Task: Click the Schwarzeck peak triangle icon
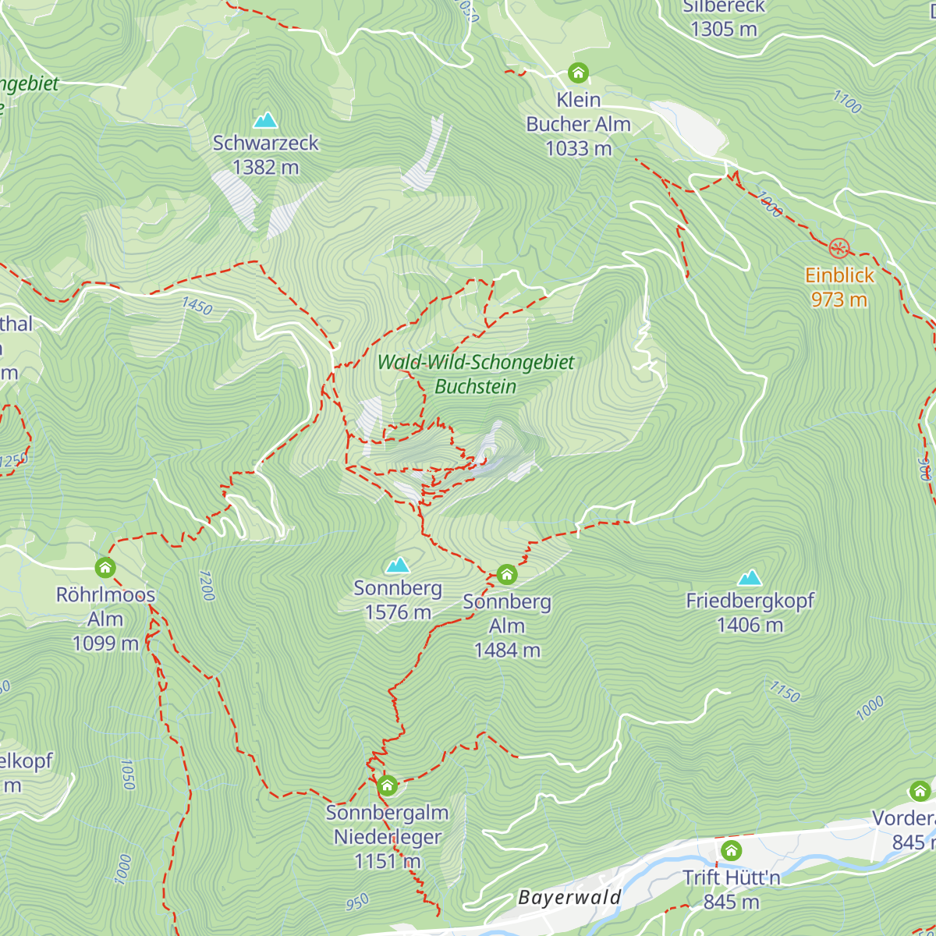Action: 266,120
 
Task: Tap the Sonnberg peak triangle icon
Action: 398,565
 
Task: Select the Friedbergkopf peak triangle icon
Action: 750,578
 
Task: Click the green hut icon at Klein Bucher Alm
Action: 578,73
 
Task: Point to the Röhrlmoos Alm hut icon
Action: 105,567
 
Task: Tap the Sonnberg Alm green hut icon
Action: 507,575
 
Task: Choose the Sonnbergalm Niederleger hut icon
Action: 387,785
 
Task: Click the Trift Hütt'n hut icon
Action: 731,849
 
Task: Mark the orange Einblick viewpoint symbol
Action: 838,249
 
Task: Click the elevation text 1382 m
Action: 266,167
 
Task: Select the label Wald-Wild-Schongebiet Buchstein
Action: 476,374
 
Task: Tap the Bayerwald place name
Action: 569,898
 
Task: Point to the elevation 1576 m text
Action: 398,612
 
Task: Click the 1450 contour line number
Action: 197,306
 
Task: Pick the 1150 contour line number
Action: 785,691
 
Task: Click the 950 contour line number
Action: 357,902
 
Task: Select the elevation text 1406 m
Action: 750,625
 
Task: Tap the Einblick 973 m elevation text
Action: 838,300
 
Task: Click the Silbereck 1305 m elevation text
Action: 724,30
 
